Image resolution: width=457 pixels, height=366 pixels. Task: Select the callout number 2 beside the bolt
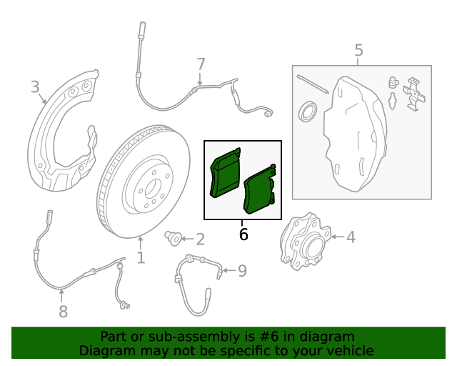[200, 239]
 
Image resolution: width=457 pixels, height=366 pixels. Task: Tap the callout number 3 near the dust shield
[35, 87]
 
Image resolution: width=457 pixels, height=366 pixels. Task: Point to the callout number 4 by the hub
[351, 237]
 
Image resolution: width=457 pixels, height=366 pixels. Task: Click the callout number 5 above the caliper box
[358, 50]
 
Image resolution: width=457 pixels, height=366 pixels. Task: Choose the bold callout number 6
[243, 234]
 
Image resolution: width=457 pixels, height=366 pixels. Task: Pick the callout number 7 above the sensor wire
[201, 64]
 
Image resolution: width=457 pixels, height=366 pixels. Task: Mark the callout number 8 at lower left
[63, 311]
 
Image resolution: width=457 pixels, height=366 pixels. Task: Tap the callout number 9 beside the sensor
[242, 270]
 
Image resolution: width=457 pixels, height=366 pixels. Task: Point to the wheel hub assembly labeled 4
[303, 242]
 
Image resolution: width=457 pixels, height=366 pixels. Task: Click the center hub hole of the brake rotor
[149, 190]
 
